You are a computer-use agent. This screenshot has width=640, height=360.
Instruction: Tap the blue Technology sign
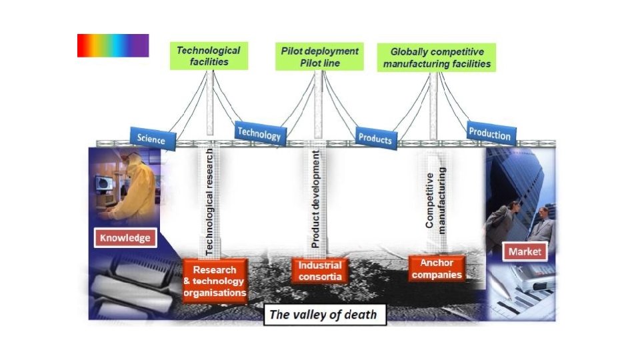point(259,133)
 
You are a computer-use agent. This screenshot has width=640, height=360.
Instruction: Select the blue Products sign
point(375,137)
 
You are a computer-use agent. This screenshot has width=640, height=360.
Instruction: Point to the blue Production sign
point(490,133)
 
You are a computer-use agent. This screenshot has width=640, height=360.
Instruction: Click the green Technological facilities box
point(208,56)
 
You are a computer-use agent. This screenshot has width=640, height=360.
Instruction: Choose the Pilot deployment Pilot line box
point(319,57)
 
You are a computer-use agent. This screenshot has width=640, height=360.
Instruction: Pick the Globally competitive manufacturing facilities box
point(437,57)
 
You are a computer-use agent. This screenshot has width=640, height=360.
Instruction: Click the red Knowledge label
point(125,237)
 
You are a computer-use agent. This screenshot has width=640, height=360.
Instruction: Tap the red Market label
point(525,252)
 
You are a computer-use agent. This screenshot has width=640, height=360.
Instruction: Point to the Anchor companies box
point(437,269)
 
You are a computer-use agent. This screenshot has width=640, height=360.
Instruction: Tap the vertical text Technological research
point(209,203)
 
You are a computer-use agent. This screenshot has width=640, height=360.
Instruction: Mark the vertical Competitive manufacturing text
point(435,201)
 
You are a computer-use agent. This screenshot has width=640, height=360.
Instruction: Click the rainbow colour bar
point(113,45)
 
